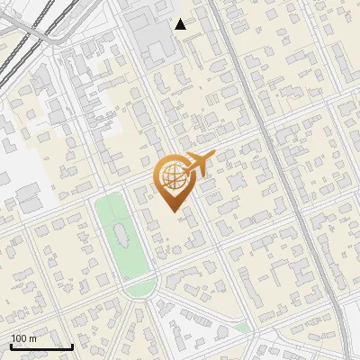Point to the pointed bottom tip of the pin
click(172, 211)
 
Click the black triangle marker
click(180, 24)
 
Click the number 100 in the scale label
click(19, 338)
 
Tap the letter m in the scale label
click(33, 338)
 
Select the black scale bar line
click(41, 346)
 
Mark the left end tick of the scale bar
click(11, 345)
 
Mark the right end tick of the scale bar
click(73, 345)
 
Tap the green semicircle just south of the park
click(139, 288)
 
